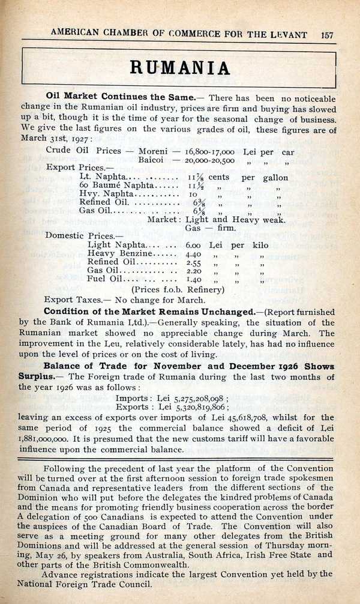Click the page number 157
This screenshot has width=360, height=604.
[327, 34]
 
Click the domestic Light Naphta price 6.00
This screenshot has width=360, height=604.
[194, 245]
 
